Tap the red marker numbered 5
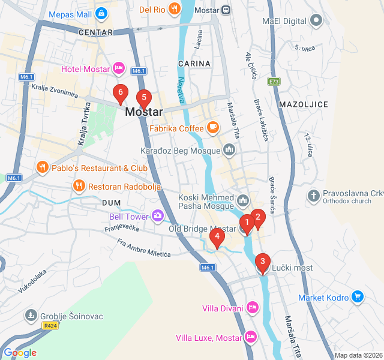143,98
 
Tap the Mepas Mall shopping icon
101,12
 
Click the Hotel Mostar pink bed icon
119,69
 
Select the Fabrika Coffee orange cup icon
212,127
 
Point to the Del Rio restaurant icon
174,8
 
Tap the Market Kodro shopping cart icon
358,297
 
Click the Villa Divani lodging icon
253,308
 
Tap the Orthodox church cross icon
313,196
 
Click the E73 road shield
274,81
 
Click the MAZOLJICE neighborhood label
304,104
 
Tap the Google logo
20,353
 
